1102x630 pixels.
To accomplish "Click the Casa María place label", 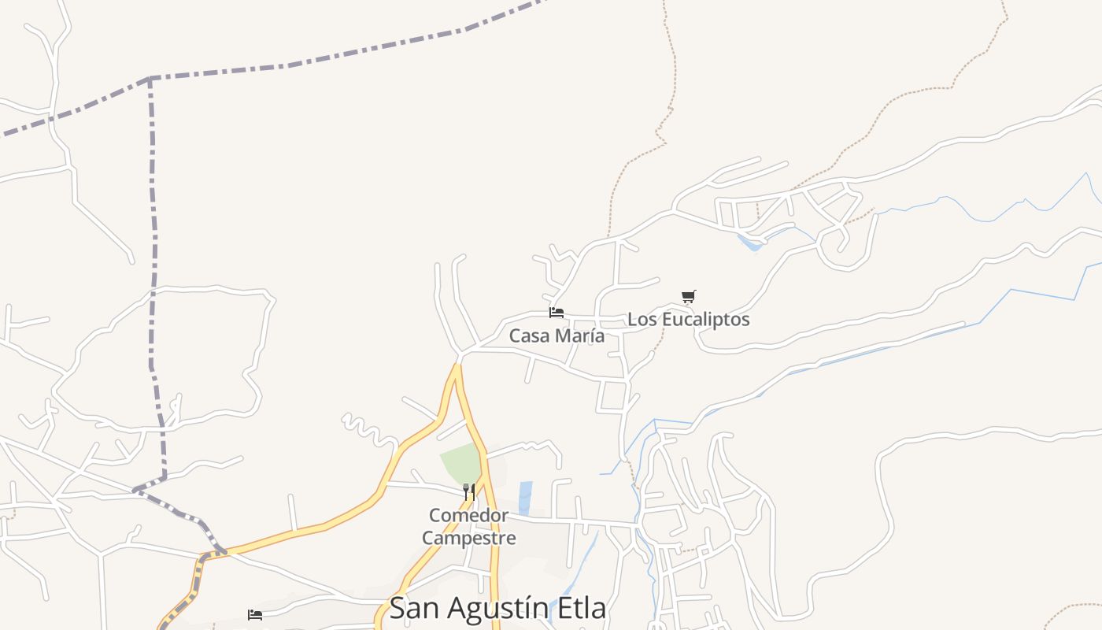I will pos(557,335).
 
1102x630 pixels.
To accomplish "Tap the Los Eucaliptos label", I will pos(688,320).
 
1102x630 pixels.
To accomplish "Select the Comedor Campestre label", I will pos(469,527).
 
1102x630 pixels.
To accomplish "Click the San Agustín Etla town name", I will pos(497,608).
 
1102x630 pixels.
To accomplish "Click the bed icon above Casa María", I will pos(557,313).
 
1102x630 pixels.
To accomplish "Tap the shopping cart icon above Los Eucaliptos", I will pos(689,297).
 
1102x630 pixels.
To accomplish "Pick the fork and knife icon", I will pos(469,492).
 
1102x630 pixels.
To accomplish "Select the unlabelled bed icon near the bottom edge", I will pos(255,614).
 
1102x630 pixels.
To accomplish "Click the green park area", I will pos(461,464).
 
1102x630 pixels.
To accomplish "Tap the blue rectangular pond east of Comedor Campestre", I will pos(525,498).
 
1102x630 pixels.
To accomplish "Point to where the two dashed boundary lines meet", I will pos(150,78).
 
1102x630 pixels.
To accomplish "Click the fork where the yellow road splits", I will pos(457,366).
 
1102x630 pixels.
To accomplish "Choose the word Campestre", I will pos(469,539).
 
